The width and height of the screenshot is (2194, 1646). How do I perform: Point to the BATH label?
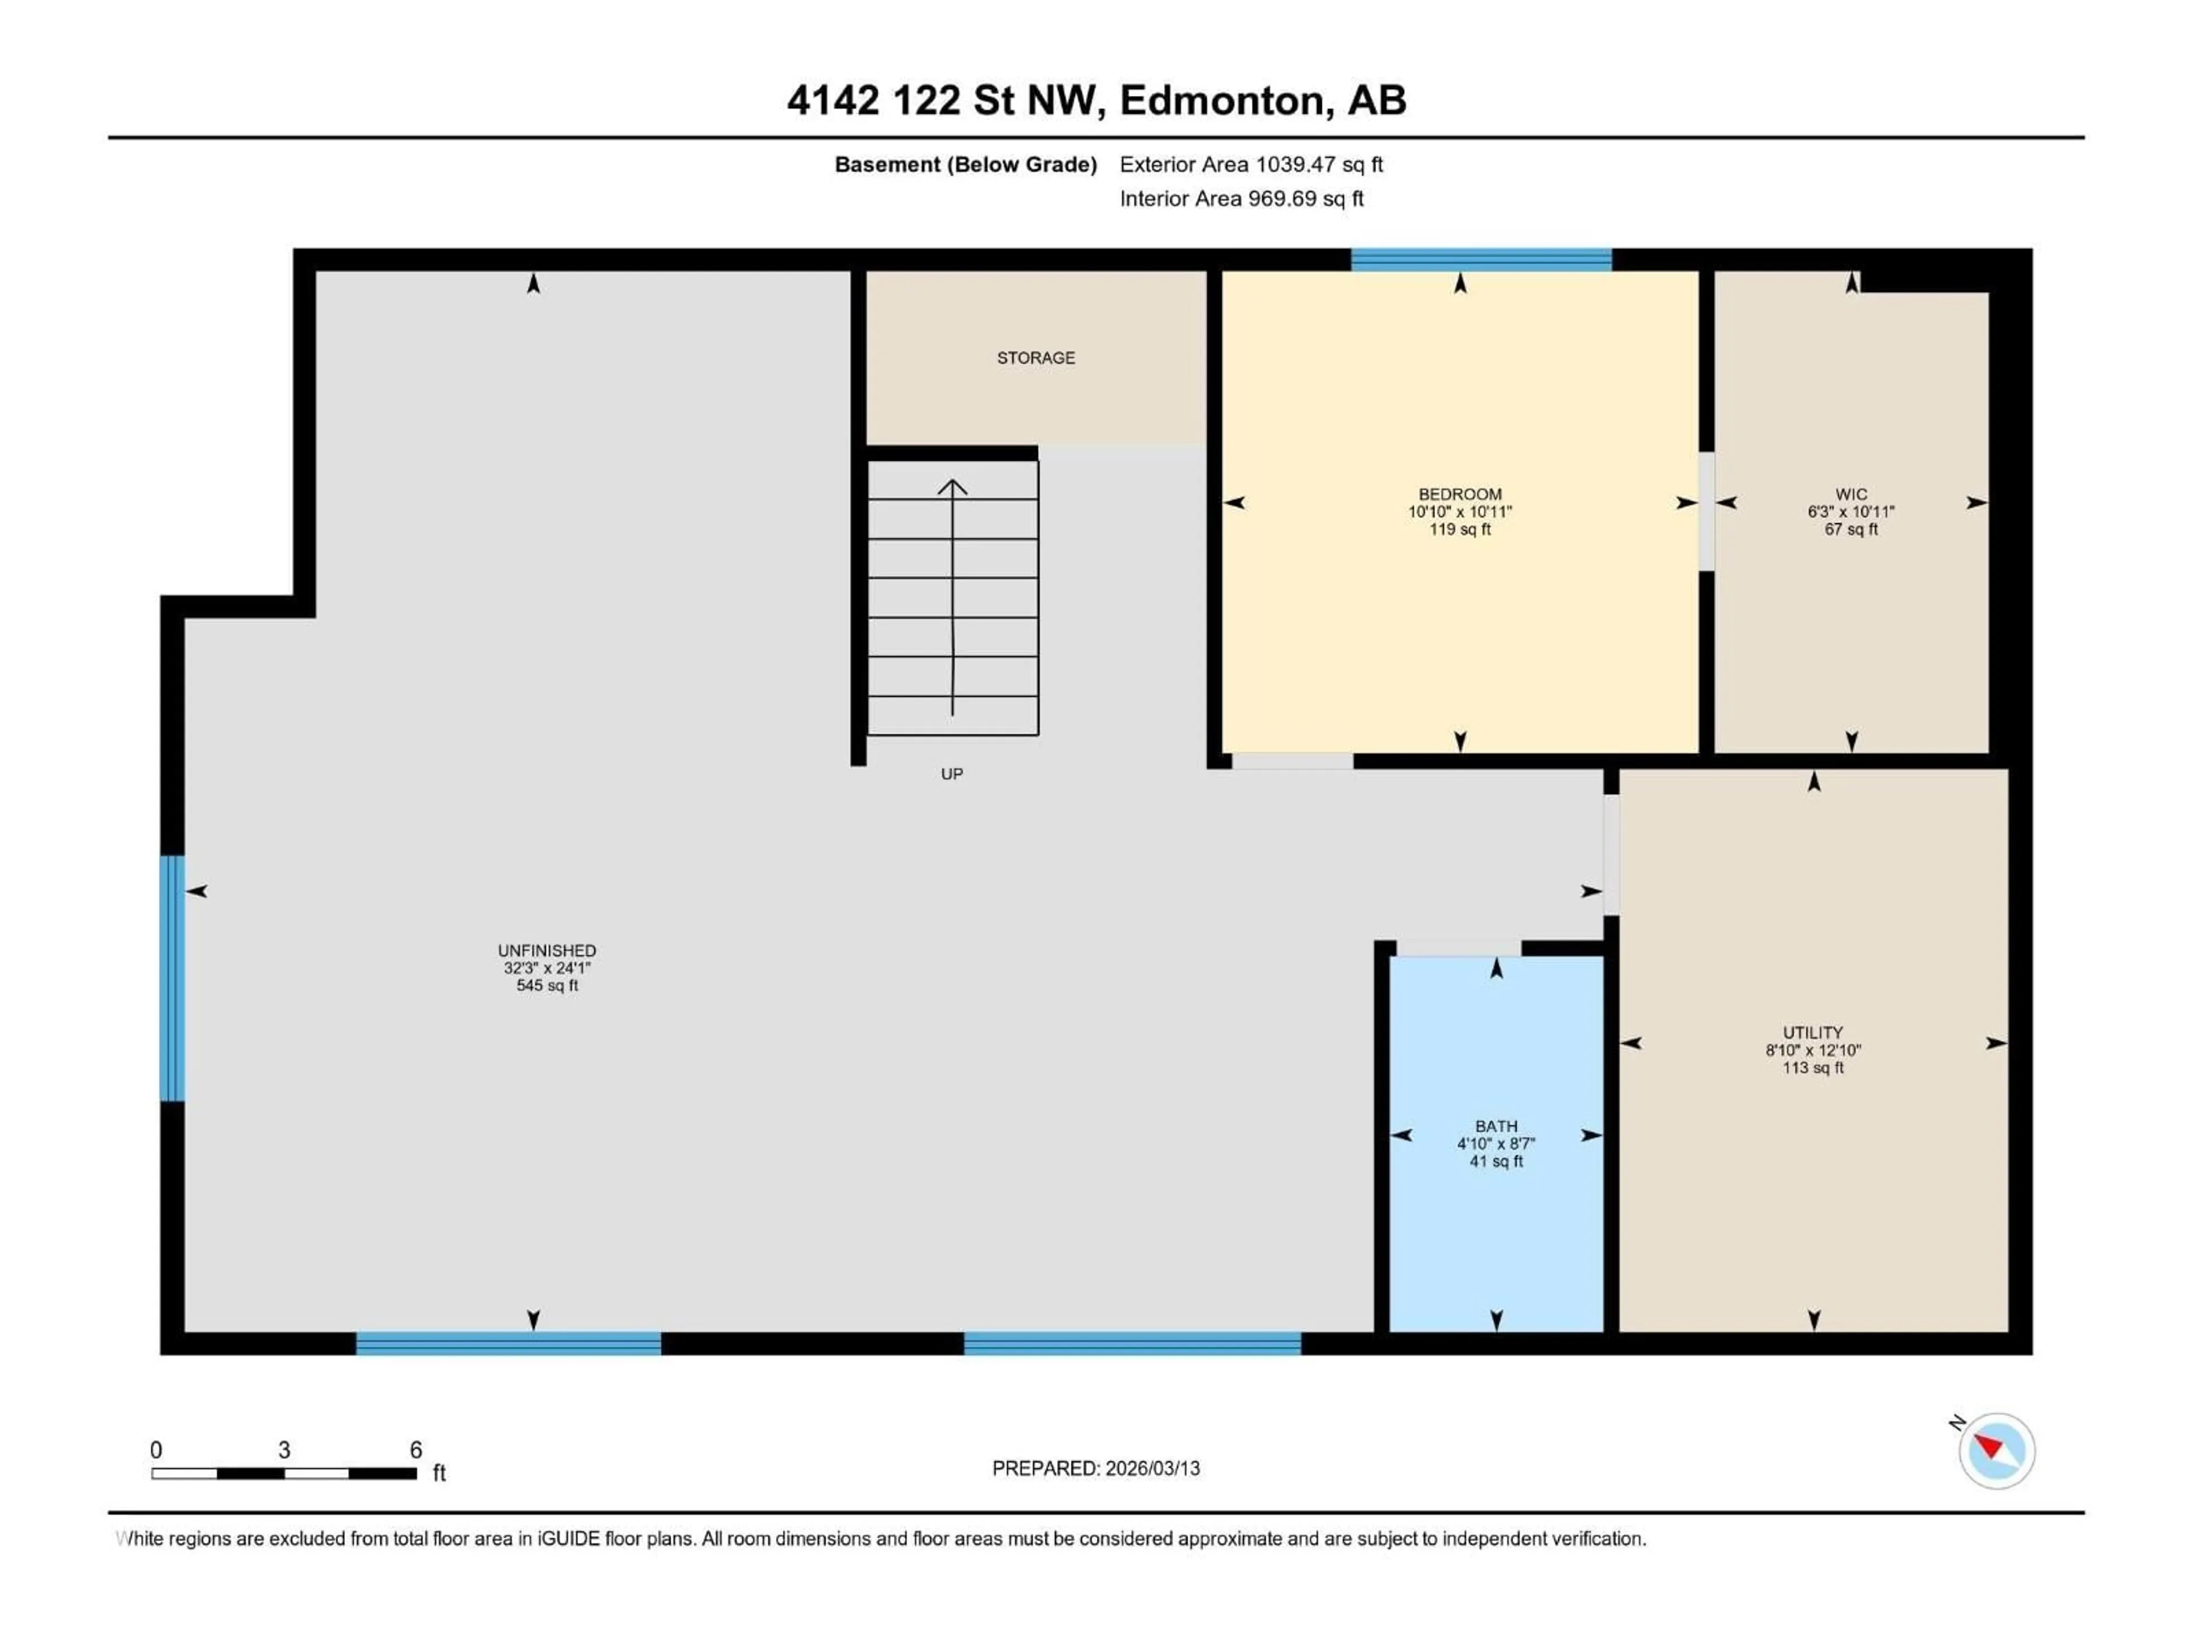(1496, 1126)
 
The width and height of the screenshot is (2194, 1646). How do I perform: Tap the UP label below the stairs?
(951, 774)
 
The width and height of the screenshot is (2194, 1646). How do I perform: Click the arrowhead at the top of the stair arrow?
(952, 486)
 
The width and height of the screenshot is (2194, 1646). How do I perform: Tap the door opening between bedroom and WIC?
(1706, 511)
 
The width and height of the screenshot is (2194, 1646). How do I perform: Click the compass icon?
(1996, 1451)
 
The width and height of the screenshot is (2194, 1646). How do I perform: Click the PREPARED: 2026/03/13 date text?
(1095, 1468)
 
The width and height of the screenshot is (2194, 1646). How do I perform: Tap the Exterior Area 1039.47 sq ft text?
(1251, 165)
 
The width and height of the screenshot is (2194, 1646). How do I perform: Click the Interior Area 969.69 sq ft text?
(1241, 198)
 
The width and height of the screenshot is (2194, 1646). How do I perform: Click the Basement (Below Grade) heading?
(965, 165)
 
